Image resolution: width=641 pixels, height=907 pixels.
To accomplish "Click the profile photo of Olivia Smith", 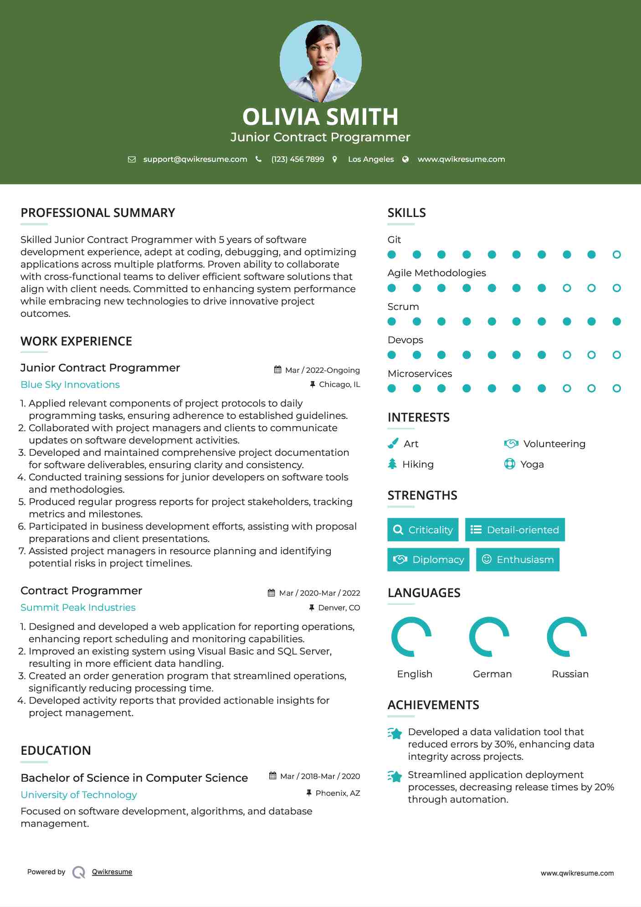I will click(320, 61).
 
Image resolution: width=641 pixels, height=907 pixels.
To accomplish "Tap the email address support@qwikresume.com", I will click(195, 159).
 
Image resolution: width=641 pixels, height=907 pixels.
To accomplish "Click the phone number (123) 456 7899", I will click(297, 159).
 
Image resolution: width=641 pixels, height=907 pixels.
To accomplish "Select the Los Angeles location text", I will click(370, 159).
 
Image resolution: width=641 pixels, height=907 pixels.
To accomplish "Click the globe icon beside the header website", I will click(405, 159).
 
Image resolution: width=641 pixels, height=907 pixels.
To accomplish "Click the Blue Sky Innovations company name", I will click(70, 385).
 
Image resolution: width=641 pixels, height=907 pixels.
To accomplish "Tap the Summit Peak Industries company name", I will click(78, 608).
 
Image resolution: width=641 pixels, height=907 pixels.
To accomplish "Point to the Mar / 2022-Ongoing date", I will click(322, 370).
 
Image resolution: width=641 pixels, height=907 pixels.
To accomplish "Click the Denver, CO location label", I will click(338, 608).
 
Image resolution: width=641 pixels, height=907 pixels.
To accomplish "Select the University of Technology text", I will click(79, 795).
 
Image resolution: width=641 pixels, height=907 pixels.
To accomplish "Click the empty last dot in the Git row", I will click(616, 255).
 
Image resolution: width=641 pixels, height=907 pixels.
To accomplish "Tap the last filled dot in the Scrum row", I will click(616, 322).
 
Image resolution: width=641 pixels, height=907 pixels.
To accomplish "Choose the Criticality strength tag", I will click(423, 530).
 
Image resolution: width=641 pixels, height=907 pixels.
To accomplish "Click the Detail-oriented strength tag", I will click(515, 530).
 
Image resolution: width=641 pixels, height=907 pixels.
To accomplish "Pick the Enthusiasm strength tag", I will click(518, 560).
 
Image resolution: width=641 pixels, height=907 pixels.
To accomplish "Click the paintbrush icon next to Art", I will click(393, 443).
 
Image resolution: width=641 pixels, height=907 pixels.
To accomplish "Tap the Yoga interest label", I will click(532, 464).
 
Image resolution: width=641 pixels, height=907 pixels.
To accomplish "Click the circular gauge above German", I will click(490, 637).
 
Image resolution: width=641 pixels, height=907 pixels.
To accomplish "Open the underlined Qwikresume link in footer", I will click(112, 872).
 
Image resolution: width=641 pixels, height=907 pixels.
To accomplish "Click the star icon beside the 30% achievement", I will click(395, 733).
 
